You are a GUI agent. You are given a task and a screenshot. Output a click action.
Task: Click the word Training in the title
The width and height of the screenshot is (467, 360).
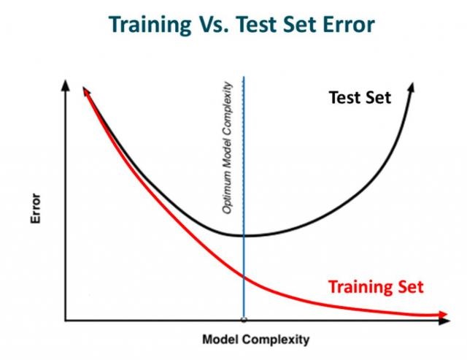(150, 25)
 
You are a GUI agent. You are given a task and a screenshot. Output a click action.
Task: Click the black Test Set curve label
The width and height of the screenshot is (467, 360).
(360, 97)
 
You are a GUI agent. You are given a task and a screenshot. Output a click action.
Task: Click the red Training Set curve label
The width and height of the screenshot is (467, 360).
(376, 287)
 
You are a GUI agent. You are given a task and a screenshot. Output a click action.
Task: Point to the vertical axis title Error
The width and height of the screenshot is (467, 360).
(36, 208)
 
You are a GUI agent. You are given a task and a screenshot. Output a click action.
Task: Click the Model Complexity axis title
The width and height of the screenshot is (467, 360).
(256, 340)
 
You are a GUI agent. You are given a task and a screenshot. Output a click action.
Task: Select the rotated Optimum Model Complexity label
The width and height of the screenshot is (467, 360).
(227, 148)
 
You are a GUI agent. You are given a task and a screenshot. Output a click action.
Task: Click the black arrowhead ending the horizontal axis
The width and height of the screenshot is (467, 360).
(444, 321)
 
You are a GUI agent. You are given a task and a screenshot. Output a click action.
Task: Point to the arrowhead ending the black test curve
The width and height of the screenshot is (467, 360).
(411, 88)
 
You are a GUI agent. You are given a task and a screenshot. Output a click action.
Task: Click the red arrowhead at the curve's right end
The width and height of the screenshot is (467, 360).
(442, 315)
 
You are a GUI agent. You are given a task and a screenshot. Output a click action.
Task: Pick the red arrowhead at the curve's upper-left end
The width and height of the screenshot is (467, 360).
(86, 91)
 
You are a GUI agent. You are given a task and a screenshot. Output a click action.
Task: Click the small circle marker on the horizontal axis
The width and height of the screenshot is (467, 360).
(244, 320)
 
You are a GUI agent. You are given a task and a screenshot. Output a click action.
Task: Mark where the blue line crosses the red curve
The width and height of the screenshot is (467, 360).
(244, 277)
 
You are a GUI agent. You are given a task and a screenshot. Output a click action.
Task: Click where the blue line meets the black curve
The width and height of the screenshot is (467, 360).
(244, 236)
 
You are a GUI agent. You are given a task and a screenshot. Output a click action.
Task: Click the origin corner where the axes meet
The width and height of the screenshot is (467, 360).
(65, 321)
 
